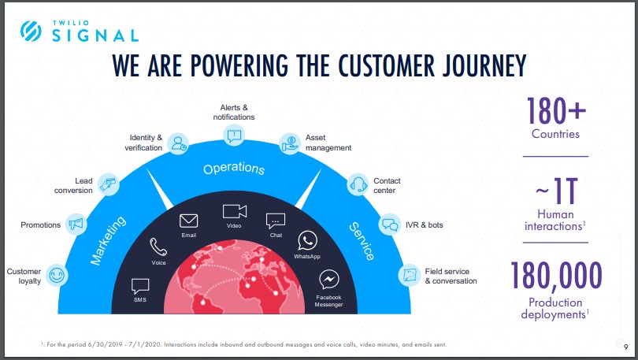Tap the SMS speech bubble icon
[x=140, y=286]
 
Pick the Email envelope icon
[x=189, y=221]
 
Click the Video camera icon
[x=234, y=211]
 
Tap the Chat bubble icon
[x=275, y=221]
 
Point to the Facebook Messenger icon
[x=329, y=280]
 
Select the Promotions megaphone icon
[x=76, y=224]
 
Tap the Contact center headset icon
[x=358, y=184]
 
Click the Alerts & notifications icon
[x=235, y=135]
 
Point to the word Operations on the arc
[x=234, y=169]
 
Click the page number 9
[x=625, y=347]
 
